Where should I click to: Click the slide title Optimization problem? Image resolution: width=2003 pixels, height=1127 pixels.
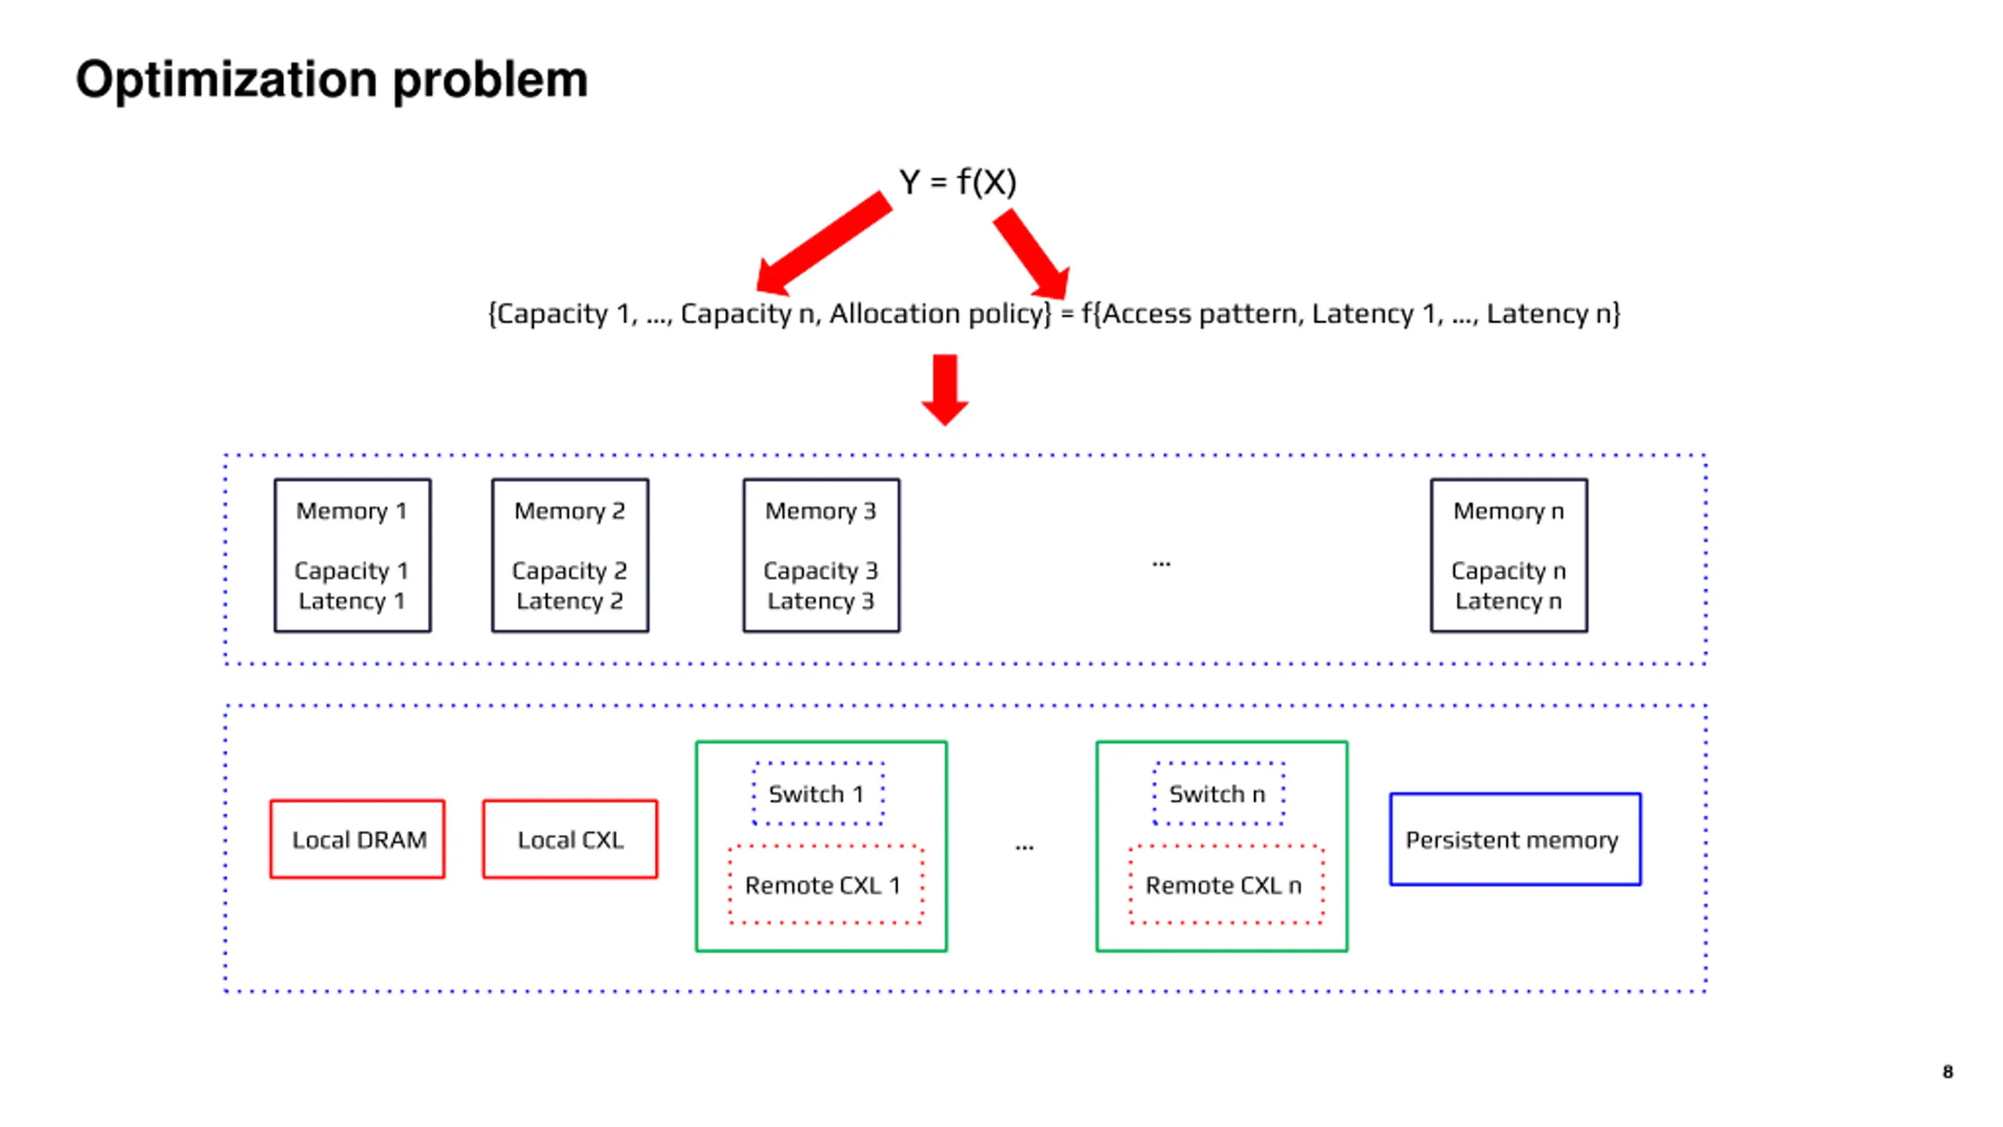coord(331,80)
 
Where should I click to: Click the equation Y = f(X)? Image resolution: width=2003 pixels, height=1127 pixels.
coord(957,182)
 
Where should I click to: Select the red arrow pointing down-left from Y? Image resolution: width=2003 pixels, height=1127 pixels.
coord(824,243)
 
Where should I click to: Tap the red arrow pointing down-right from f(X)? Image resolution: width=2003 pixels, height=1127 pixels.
coord(1032,255)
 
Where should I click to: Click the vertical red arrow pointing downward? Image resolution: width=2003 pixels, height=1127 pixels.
coord(944,390)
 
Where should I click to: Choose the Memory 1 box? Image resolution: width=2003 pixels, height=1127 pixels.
coord(352,555)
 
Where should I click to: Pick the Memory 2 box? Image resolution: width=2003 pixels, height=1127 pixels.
coord(570,555)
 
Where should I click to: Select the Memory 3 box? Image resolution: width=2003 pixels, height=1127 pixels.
coord(821,555)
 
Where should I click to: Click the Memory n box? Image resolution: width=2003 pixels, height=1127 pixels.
coord(1509,555)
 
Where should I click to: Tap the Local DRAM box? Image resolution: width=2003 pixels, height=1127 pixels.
coord(358,838)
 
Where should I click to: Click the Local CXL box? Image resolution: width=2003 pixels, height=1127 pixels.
coord(570,838)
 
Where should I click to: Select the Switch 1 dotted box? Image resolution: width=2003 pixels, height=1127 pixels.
coord(818,793)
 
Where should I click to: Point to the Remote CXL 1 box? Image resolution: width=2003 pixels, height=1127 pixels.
coord(825,884)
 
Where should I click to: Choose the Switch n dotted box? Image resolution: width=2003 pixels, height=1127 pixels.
coord(1218,793)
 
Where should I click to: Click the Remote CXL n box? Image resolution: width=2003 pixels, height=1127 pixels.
coord(1226,884)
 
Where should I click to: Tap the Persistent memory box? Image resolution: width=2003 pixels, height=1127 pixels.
coord(1515,839)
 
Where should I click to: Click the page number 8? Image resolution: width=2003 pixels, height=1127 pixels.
coord(1947,1071)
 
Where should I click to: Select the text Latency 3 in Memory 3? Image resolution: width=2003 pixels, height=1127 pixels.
coord(821,600)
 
